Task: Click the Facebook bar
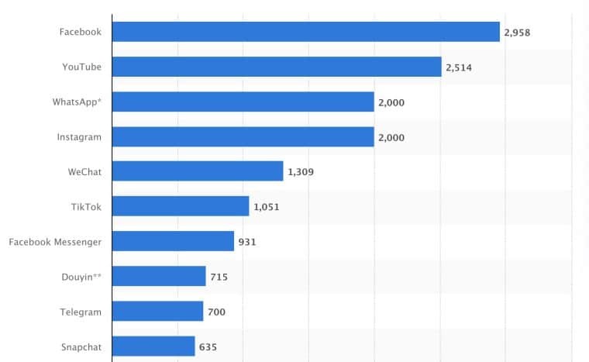305,32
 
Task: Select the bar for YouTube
277,67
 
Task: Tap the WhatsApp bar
243,102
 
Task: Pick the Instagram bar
243,136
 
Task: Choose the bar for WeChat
198,171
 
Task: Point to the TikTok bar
181,206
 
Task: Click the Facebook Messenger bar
173,241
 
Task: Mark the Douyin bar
159,276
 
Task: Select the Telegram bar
157,312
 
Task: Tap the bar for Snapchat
153,346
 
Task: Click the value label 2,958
517,33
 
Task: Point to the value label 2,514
459,67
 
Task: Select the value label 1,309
300,172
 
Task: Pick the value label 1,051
266,207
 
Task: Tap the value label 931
247,242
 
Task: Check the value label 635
208,347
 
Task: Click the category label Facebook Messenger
55,242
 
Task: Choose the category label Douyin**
82,277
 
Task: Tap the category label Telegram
81,312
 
